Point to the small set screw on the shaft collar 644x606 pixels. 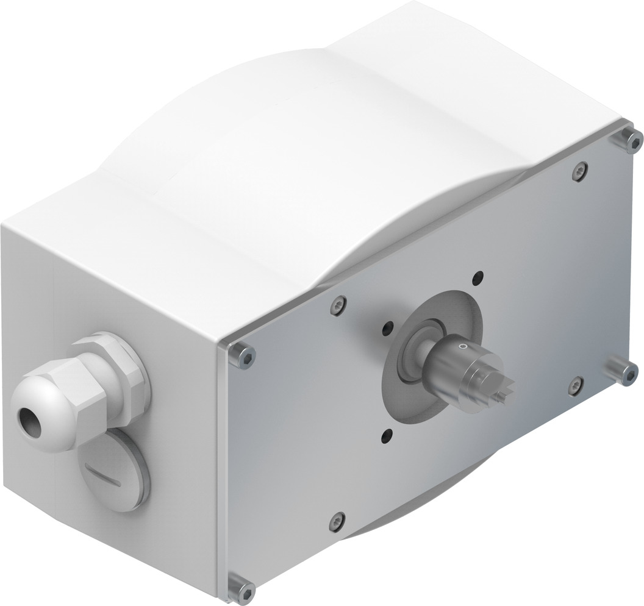(462, 346)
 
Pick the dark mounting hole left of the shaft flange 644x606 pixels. (386, 329)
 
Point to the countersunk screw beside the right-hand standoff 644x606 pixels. (575, 385)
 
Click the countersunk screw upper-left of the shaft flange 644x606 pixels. (338, 305)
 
